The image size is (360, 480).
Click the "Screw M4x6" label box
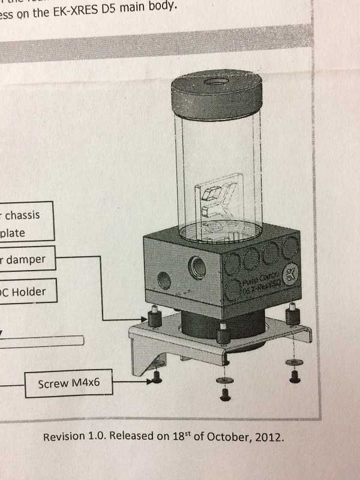click(x=70, y=383)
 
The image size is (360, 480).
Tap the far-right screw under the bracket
click(x=294, y=377)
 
